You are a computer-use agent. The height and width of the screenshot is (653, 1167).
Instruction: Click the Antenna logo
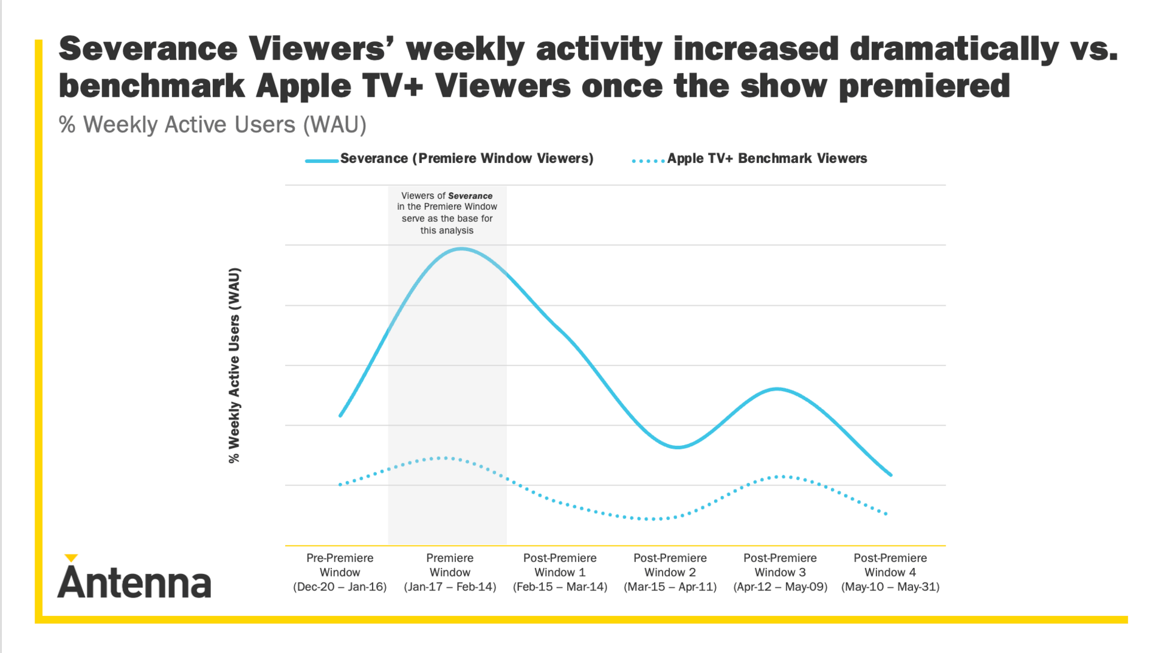pos(134,578)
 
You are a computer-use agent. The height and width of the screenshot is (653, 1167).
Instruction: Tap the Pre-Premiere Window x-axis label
pos(340,572)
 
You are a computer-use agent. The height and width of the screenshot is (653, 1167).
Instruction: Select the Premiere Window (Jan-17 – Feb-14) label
pos(450,572)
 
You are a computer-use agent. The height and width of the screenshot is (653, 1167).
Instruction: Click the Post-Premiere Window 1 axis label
pos(560,572)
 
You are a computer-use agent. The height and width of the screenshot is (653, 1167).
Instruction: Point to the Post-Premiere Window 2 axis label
pos(670,572)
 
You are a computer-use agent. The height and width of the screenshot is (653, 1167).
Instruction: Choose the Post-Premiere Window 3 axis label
pos(780,572)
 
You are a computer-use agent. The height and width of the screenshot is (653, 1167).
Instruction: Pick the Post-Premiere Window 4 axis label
pos(890,572)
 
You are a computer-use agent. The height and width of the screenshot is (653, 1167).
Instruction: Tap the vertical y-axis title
pos(235,365)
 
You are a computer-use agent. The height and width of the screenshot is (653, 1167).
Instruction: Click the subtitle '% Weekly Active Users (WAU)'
pos(213,125)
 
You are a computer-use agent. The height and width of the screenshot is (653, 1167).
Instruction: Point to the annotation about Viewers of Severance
pos(447,213)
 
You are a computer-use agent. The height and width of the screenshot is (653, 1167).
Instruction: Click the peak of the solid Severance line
pos(462,249)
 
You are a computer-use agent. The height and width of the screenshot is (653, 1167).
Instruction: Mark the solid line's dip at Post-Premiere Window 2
pos(677,447)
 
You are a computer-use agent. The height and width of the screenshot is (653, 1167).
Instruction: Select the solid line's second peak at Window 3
pos(778,389)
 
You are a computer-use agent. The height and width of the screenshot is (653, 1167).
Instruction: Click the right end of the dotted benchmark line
pos(887,514)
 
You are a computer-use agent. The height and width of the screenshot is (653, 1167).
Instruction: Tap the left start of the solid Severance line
pos(340,416)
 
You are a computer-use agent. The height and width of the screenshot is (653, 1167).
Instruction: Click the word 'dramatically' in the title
pos(954,49)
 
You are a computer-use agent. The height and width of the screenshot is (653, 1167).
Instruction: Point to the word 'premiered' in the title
pos(924,86)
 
